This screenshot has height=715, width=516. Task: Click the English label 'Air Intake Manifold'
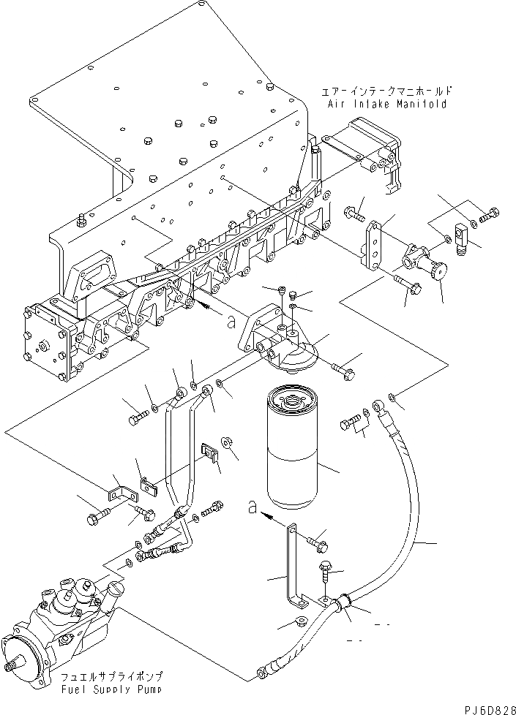[386, 104]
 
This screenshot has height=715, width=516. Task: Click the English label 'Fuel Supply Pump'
[111, 689]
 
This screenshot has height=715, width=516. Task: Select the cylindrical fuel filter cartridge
[290, 447]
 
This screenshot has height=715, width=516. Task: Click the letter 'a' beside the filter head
[231, 322]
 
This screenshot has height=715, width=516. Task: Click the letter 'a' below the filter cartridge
[253, 507]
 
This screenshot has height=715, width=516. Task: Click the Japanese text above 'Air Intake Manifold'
[386, 91]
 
